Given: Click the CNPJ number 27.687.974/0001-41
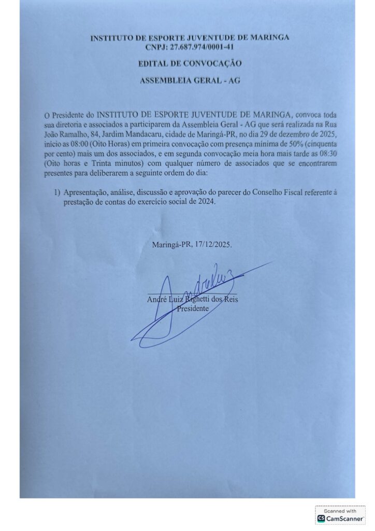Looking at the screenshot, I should (199, 47).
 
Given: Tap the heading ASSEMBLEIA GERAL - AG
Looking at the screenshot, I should (190, 81).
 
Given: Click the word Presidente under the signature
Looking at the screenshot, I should (193, 309).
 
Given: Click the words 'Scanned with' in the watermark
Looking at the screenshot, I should (340, 511).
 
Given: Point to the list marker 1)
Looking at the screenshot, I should (58, 192).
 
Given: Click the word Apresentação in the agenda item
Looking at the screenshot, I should (86, 192).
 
